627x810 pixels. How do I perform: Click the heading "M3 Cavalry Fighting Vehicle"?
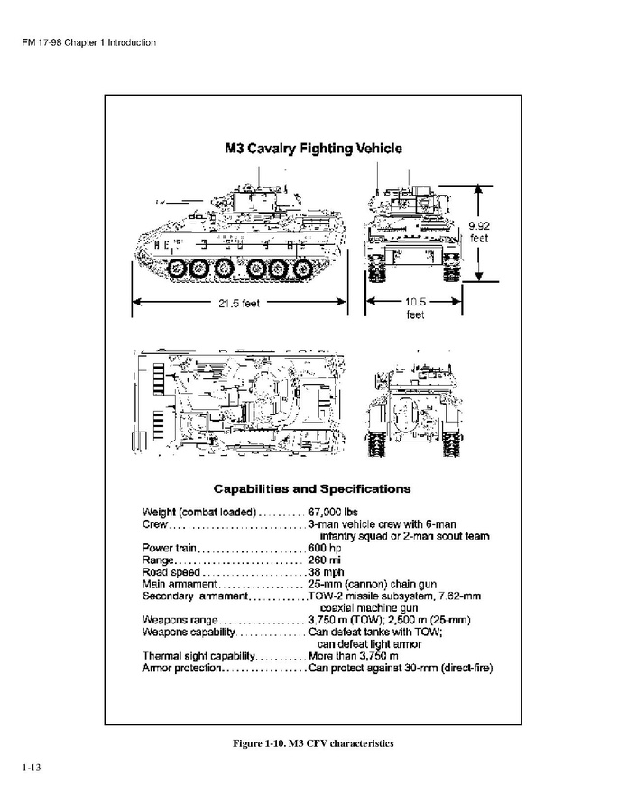click(x=313, y=148)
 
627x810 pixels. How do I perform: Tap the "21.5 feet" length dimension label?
click(x=239, y=303)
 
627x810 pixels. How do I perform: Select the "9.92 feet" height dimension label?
click(x=477, y=232)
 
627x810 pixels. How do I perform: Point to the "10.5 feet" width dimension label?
click(x=415, y=308)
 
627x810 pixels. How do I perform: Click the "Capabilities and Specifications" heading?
click(x=312, y=489)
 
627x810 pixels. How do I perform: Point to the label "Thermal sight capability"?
click(x=198, y=655)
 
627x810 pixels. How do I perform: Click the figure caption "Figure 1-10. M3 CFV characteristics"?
click(x=313, y=743)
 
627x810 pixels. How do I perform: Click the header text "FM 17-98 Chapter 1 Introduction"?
click(x=89, y=42)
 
